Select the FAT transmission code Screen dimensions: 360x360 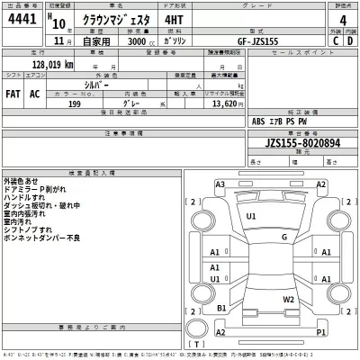coord(13,93)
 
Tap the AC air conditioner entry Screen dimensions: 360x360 coord(35,93)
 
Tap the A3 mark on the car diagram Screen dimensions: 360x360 coord(220,184)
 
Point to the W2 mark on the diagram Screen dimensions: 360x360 coord(289,299)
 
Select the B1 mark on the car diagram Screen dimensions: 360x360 coord(220,308)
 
